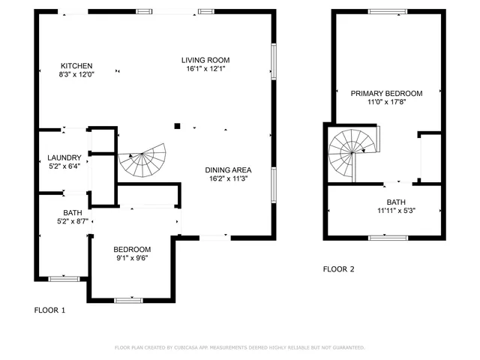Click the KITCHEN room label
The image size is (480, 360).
click(76, 64)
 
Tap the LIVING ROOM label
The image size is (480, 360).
click(205, 60)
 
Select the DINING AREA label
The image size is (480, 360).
click(227, 169)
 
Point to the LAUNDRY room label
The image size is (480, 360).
click(64, 157)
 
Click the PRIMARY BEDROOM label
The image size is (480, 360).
click(386, 93)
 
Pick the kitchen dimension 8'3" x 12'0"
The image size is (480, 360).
click(76, 74)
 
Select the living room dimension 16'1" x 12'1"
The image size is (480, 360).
click(205, 69)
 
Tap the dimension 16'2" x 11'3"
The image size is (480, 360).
click(227, 179)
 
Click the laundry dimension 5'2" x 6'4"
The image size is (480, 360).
click(64, 166)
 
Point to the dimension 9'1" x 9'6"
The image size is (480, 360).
click(132, 259)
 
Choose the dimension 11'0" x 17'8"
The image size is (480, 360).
click(386, 102)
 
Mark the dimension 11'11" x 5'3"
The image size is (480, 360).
click(395, 211)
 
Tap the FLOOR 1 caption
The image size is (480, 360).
click(50, 310)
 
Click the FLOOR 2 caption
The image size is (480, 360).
click(338, 269)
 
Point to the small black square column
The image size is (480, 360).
click(178, 126)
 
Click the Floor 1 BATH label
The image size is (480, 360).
click(73, 212)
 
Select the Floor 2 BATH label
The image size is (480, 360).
click(395, 202)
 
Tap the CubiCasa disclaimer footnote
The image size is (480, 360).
click(239, 348)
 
